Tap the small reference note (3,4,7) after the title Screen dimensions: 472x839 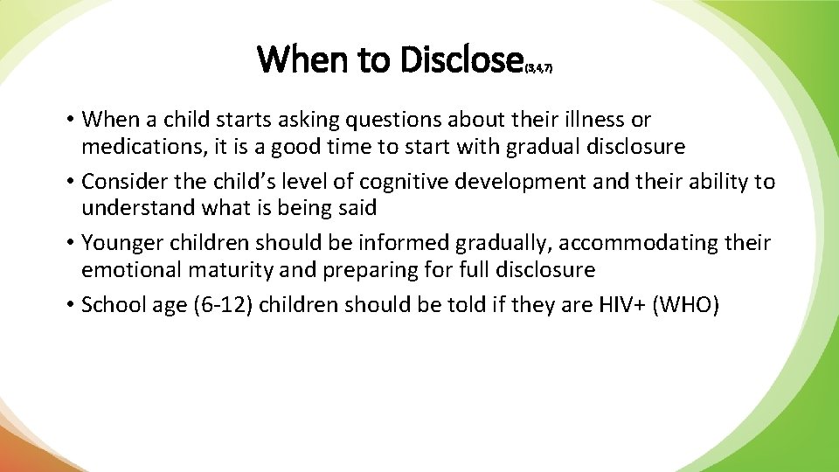click(537, 66)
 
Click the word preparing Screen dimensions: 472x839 click(366, 270)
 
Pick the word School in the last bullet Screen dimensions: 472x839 click(110, 304)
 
